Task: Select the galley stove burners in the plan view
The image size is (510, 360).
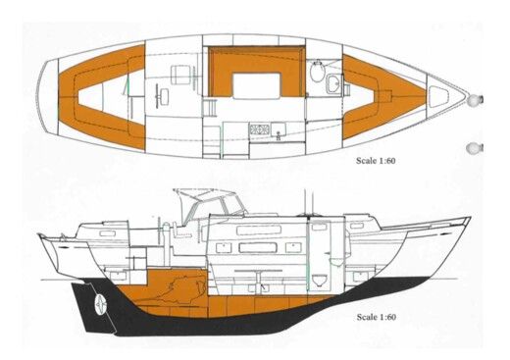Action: tap(258, 127)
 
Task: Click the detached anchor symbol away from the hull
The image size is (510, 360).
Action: tap(475, 148)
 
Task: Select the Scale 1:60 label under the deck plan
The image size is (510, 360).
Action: tap(383, 156)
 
